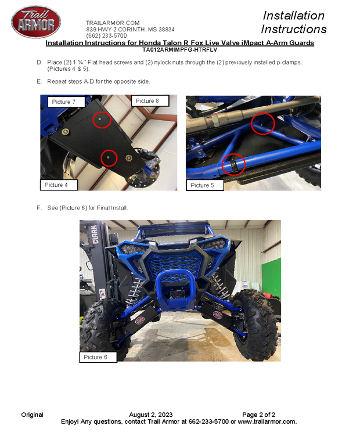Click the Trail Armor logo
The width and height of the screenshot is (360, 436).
coord(36,21)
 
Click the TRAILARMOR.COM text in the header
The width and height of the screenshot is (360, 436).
coord(113,23)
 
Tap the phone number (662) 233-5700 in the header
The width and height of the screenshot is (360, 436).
coord(106,35)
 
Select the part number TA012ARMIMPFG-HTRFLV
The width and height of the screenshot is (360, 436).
coord(180,50)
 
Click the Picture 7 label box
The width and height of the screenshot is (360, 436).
coord(66,102)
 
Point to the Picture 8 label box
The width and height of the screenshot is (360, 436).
coord(150,100)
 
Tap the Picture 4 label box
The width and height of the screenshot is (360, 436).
coord(59,185)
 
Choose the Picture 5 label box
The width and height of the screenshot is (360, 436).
coord(205,185)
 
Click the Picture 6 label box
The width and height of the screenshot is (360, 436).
coord(98,357)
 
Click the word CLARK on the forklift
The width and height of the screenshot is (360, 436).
coord(95,235)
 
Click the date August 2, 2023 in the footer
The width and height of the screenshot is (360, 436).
coord(151,415)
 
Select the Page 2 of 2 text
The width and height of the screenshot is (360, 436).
coord(259,415)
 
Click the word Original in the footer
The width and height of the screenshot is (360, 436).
coord(33,415)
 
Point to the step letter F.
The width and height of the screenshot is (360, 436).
coord(39,208)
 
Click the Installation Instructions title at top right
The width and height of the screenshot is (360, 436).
coord(294,22)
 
